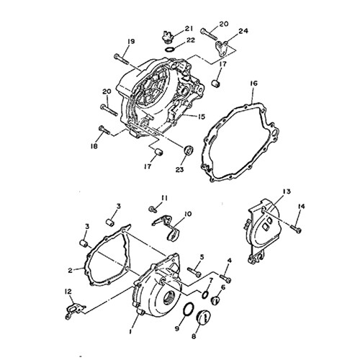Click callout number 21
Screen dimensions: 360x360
coord(189,29)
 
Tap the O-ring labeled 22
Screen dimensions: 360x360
coord(170,50)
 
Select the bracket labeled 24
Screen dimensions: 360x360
coord(221,49)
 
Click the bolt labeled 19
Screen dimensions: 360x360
coord(122,59)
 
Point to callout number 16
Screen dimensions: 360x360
coord(253,84)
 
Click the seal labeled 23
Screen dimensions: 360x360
coord(189,150)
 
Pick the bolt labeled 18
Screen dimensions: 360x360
coord(104,130)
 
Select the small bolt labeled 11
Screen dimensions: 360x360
coord(153,210)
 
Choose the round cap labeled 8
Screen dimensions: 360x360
coord(203,318)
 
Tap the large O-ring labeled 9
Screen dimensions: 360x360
coord(189,309)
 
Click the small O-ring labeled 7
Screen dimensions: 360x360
coord(204,294)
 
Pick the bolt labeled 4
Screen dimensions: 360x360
coord(225,278)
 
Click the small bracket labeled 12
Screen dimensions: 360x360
coord(74,312)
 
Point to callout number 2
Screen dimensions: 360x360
coord(70,271)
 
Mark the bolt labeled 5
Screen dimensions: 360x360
coord(194,272)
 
